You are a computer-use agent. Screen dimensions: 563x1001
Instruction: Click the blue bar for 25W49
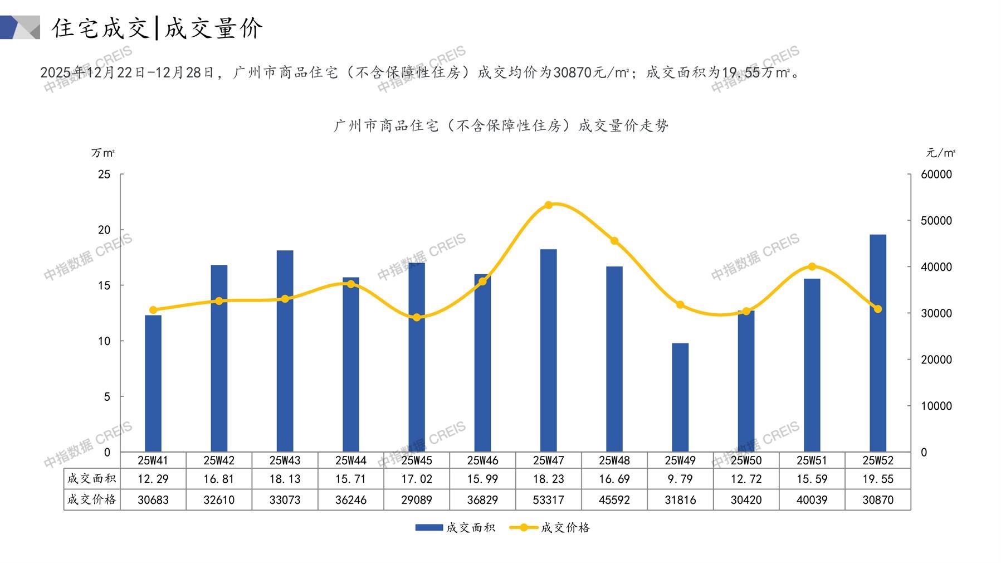coord(680,397)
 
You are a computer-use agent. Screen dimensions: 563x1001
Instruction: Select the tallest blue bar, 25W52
coord(878,343)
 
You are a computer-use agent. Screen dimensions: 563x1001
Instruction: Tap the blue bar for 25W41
coord(153,384)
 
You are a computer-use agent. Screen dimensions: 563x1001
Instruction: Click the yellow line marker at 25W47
coord(548,205)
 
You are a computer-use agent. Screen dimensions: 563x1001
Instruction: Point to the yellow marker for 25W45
coord(417,317)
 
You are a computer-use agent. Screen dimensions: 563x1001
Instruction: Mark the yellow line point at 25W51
coord(812,266)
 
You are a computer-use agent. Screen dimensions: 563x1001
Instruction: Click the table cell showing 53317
coord(548,500)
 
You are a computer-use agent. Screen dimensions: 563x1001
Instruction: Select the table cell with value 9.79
coord(680,479)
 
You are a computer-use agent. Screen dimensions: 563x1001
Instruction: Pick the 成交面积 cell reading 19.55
coord(878,479)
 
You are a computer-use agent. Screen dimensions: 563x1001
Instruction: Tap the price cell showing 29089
coord(417,500)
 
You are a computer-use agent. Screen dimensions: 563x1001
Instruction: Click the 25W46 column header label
coord(482,460)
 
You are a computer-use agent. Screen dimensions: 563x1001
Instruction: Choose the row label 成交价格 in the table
coord(92,499)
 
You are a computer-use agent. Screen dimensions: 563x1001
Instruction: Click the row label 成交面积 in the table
coord(92,478)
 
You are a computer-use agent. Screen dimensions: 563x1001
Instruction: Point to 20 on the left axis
coord(104,230)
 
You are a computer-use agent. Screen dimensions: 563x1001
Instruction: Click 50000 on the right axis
coord(936,221)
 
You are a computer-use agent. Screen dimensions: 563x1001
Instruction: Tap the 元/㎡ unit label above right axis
coord(940,153)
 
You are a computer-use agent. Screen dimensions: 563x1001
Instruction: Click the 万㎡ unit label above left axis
coord(103,153)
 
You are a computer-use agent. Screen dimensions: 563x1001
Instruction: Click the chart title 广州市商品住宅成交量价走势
coord(501,126)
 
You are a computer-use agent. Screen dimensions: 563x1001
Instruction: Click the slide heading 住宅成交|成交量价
coord(157,28)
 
